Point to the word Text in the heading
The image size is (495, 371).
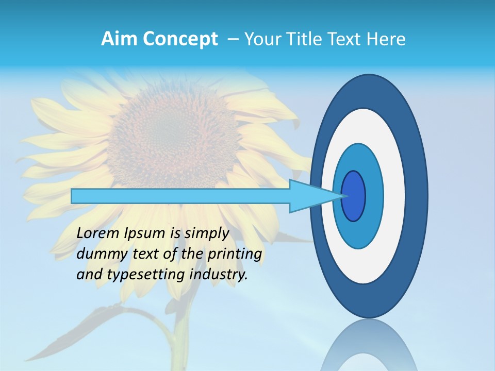point(348,39)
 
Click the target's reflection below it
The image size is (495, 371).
point(368,345)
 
